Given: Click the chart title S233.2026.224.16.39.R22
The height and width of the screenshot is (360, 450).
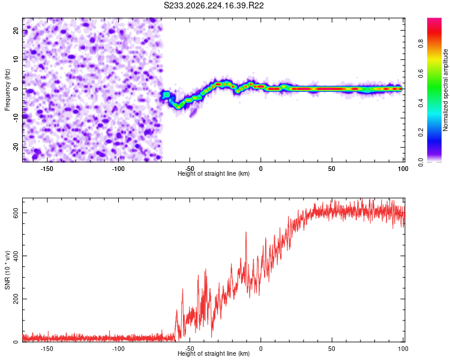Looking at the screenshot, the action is (214, 5).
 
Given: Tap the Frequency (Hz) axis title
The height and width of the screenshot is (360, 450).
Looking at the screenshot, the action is (7, 90).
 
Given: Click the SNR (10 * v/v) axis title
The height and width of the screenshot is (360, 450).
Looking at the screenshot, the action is (7, 270).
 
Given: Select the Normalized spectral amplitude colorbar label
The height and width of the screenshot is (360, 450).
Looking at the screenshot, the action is (445, 90).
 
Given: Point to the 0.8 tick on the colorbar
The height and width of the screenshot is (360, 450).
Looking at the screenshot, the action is (421, 44).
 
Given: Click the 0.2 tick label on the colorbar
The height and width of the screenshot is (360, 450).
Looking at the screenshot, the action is (421, 133).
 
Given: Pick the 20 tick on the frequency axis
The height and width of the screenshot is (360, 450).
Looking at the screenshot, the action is (16, 30).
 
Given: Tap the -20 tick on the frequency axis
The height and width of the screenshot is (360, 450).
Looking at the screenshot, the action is (16, 147).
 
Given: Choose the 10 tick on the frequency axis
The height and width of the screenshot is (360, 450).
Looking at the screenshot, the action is (16, 59).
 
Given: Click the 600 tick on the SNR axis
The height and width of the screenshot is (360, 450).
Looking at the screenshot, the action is (16, 213).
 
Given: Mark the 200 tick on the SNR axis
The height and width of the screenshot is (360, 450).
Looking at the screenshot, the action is (16, 299).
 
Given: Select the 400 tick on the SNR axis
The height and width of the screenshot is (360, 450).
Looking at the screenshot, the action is (16, 256).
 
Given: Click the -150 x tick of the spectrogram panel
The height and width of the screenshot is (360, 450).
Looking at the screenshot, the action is (47, 169).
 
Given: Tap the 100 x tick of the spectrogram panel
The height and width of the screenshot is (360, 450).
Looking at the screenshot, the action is (403, 169).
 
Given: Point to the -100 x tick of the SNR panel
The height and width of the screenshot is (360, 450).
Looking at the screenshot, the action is (118, 349).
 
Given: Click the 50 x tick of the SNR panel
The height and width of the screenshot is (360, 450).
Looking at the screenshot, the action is (332, 349).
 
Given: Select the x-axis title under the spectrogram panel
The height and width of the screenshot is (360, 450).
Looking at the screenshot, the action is (214, 173).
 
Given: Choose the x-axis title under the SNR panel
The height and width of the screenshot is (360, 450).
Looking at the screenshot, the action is (214, 353).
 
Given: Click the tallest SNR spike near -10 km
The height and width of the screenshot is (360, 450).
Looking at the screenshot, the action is (246, 233).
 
